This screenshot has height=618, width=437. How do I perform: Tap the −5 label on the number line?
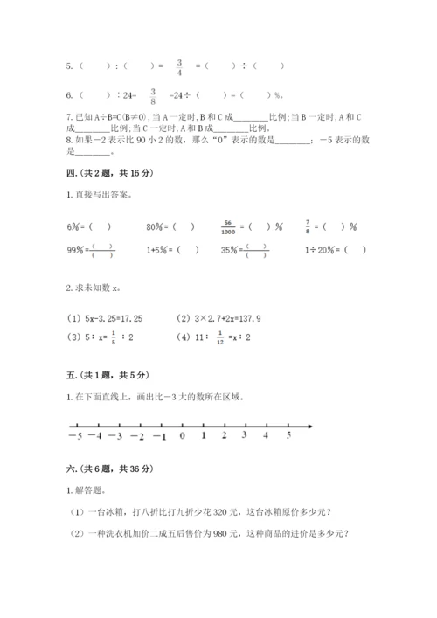coord(76,435)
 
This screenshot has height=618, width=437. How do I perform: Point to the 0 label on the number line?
coord(182,435)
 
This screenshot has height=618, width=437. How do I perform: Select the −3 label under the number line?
coord(118,435)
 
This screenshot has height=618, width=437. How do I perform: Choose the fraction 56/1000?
coord(230,225)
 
